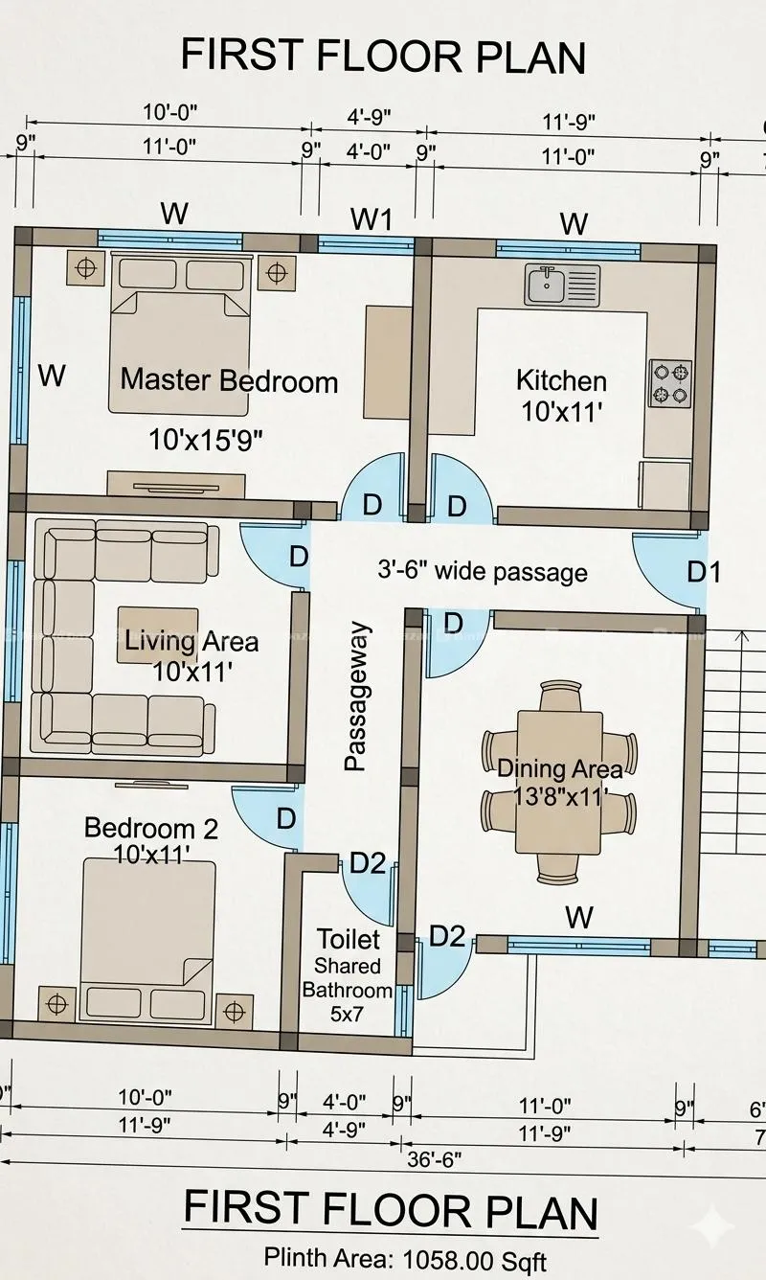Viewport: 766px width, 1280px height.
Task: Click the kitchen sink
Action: [562, 285]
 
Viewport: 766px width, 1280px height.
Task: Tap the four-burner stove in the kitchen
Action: [669, 383]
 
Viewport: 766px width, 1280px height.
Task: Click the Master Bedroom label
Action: [229, 380]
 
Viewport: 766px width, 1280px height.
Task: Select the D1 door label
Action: [703, 571]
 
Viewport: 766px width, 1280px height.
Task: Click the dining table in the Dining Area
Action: [559, 782]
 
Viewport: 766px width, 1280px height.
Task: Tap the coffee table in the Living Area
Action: [158, 635]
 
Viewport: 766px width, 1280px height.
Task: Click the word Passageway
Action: [356, 697]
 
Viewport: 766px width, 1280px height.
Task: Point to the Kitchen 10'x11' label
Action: [561, 396]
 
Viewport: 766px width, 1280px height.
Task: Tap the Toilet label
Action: [348, 939]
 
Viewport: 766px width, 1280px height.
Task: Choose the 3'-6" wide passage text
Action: [483, 571]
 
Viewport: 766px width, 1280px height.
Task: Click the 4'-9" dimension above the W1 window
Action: [369, 117]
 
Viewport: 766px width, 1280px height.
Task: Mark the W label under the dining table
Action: [579, 918]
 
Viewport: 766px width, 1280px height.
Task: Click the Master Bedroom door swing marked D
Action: [373, 487]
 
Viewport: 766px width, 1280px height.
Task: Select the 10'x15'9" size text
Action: [206, 440]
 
